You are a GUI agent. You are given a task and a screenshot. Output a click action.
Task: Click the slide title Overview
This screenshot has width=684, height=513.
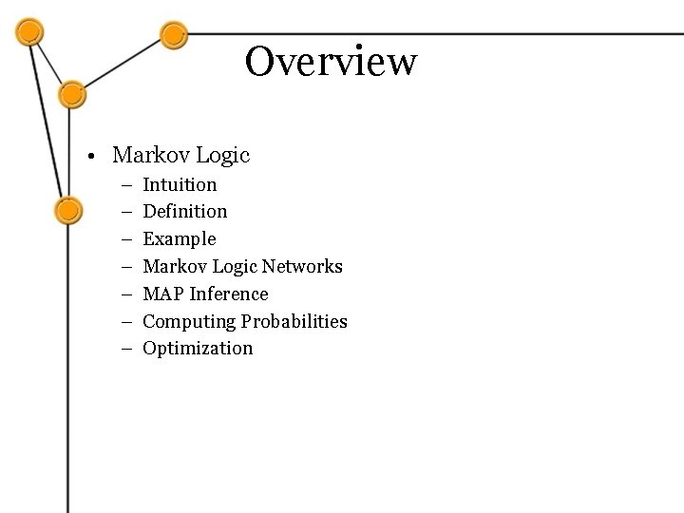click(x=331, y=62)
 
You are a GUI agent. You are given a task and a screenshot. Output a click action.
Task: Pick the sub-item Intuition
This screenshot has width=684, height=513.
click(x=180, y=184)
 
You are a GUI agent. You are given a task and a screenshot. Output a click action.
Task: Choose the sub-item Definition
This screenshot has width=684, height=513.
click(x=184, y=211)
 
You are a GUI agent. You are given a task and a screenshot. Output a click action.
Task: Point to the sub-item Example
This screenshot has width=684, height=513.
click(x=179, y=238)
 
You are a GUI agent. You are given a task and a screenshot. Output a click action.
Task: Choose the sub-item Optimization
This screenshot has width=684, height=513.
click(x=198, y=348)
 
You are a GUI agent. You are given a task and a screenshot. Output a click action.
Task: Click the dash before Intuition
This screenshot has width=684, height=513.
click(x=126, y=184)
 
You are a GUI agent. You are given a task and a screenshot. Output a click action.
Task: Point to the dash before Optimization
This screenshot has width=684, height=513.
click(x=126, y=349)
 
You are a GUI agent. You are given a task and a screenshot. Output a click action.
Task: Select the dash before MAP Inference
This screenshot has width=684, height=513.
click(x=126, y=294)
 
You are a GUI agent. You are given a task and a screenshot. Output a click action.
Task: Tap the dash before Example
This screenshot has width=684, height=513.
click(x=126, y=239)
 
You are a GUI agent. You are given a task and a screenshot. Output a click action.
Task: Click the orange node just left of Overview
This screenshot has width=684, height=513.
click(x=172, y=36)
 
